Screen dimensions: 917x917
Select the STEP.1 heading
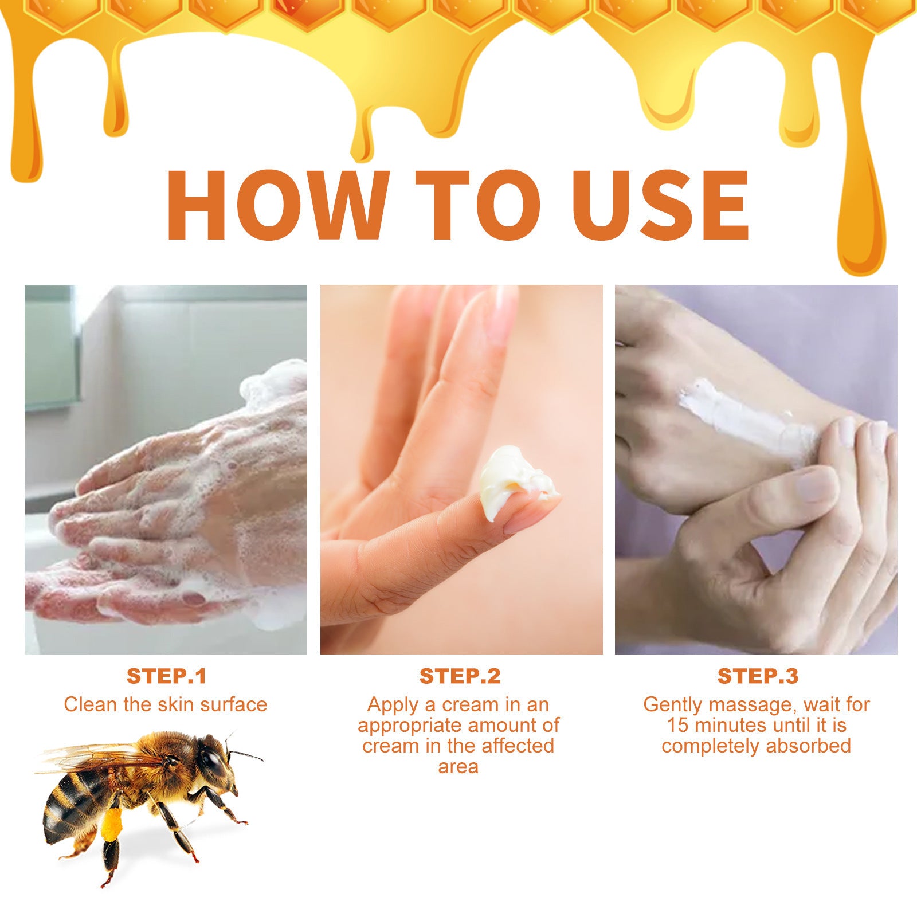click(166, 676)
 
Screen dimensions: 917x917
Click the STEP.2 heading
click(460, 676)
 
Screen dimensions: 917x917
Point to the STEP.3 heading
click(758, 676)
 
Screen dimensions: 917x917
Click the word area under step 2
click(458, 767)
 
